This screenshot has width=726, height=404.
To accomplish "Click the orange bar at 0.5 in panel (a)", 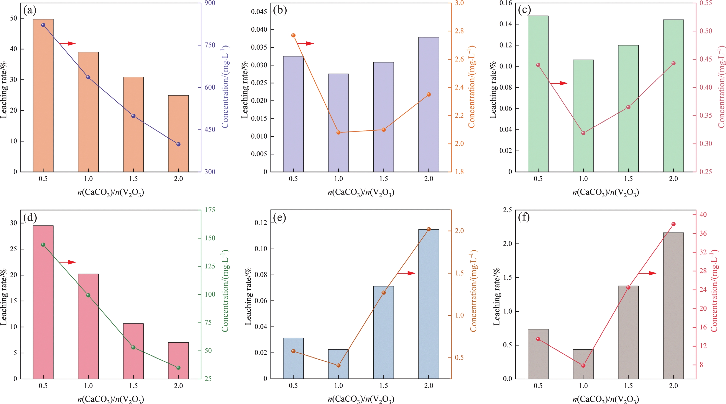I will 43,96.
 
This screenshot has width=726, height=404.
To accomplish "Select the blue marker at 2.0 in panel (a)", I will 178,144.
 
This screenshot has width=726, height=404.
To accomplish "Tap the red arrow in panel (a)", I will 68,44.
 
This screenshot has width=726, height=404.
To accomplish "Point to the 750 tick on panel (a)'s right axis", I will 210,45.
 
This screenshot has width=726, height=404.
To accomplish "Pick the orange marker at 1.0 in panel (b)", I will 338,133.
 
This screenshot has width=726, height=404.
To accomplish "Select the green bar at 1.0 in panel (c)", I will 583,115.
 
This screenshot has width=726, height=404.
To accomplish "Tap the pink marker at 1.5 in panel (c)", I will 628,107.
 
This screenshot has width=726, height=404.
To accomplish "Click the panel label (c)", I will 524,10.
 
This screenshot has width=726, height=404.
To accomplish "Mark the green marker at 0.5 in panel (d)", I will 43,245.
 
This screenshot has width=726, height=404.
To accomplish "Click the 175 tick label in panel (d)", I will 210,210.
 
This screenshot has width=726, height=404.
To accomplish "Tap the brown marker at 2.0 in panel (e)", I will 429,229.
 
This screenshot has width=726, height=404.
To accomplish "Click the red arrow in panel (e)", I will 406,273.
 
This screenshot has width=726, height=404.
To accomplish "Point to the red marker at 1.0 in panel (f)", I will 583,366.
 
